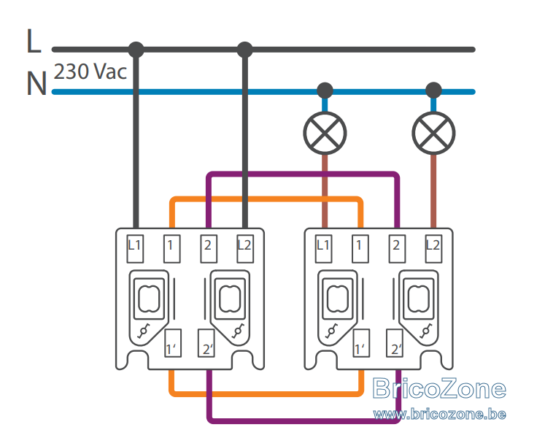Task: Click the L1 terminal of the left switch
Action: pyautogui.click(x=135, y=249)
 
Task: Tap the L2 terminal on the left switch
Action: pyautogui.click(x=245, y=249)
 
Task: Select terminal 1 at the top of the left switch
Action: pyautogui.click(x=171, y=249)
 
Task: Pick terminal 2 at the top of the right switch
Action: pyautogui.click(x=397, y=249)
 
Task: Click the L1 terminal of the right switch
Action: pyautogui.click(x=324, y=249)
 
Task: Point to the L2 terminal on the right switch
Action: pyautogui.click(x=433, y=249)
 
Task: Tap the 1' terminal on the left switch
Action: pyautogui.click(x=173, y=343)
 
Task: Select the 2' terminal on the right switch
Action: pyautogui.click(x=395, y=343)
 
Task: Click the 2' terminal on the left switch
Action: pyautogui.click(x=206, y=343)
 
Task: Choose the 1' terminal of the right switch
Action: pyautogui.click(x=361, y=343)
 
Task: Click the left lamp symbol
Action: pyautogui.click(x=325, y=133)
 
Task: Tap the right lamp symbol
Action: pyautogui.click(x=433, y=133)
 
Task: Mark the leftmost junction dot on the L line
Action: pyautogui.click(x=136, y=50)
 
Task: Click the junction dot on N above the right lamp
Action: pyautogui.click(x=433, y=91)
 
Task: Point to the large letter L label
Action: pyautogui.click(x=34, y=41)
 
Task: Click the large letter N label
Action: pyautogui.click(x=36, y=83)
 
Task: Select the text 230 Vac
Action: pyautogui.click(x=90, y=72)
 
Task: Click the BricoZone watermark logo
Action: pyautogui.click(x=439, y=388)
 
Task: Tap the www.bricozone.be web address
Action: pyautogui.click(x=439, y=414)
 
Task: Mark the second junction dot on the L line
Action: pyautogui.click(x=244, y=50)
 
